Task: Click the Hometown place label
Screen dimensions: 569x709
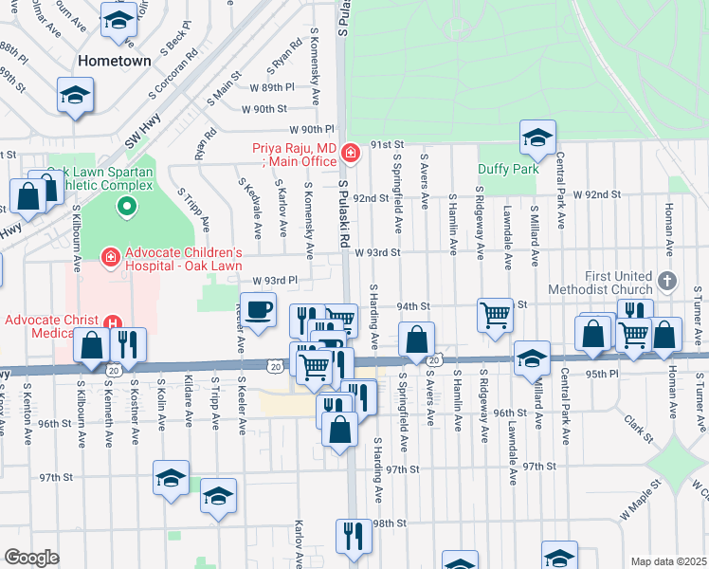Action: click(x=115, y=61)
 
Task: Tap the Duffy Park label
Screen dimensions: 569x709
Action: click(x=507, y=170)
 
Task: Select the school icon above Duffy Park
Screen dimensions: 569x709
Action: click(x=537, y=138)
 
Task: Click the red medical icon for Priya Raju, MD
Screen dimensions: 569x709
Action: click(x=351, y=152)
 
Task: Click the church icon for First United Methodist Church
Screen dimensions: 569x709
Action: click(x=668, y=282)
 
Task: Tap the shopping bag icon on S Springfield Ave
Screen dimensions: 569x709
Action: click(x=416, y=339)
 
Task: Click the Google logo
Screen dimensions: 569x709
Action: click(x=31, y=558)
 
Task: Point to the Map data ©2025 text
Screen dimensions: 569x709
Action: click(x=668, y=561)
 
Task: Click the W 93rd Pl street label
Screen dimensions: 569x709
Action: click(x=275, y=282)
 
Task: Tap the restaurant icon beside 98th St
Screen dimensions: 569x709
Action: click(x=354, y=536)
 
